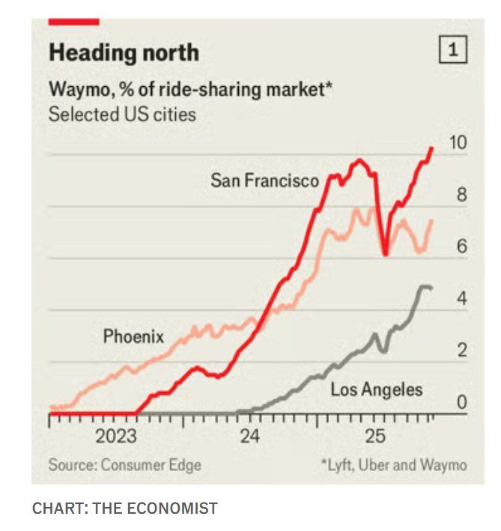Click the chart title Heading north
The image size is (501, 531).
click(124, 52)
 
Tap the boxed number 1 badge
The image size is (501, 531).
click(452, 51)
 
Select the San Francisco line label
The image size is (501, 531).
click(264, 180)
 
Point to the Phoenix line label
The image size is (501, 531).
click(133, 336)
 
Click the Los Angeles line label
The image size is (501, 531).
click(377, 389)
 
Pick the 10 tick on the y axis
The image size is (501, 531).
click(457, 144)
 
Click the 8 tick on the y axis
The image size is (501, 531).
click(461, 195)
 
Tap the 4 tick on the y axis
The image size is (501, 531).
click(461, 299)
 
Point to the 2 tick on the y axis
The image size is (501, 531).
click(461, 351)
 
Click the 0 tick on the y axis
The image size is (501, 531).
click(461, 402)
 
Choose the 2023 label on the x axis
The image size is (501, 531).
click(115, 437)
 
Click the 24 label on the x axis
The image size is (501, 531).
click(250, 437)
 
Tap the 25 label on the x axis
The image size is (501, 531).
click(374, 437)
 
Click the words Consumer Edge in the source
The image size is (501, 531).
click(151, 465)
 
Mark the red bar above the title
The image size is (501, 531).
click(73, 22)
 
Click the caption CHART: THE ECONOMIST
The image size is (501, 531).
click(125, 509)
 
